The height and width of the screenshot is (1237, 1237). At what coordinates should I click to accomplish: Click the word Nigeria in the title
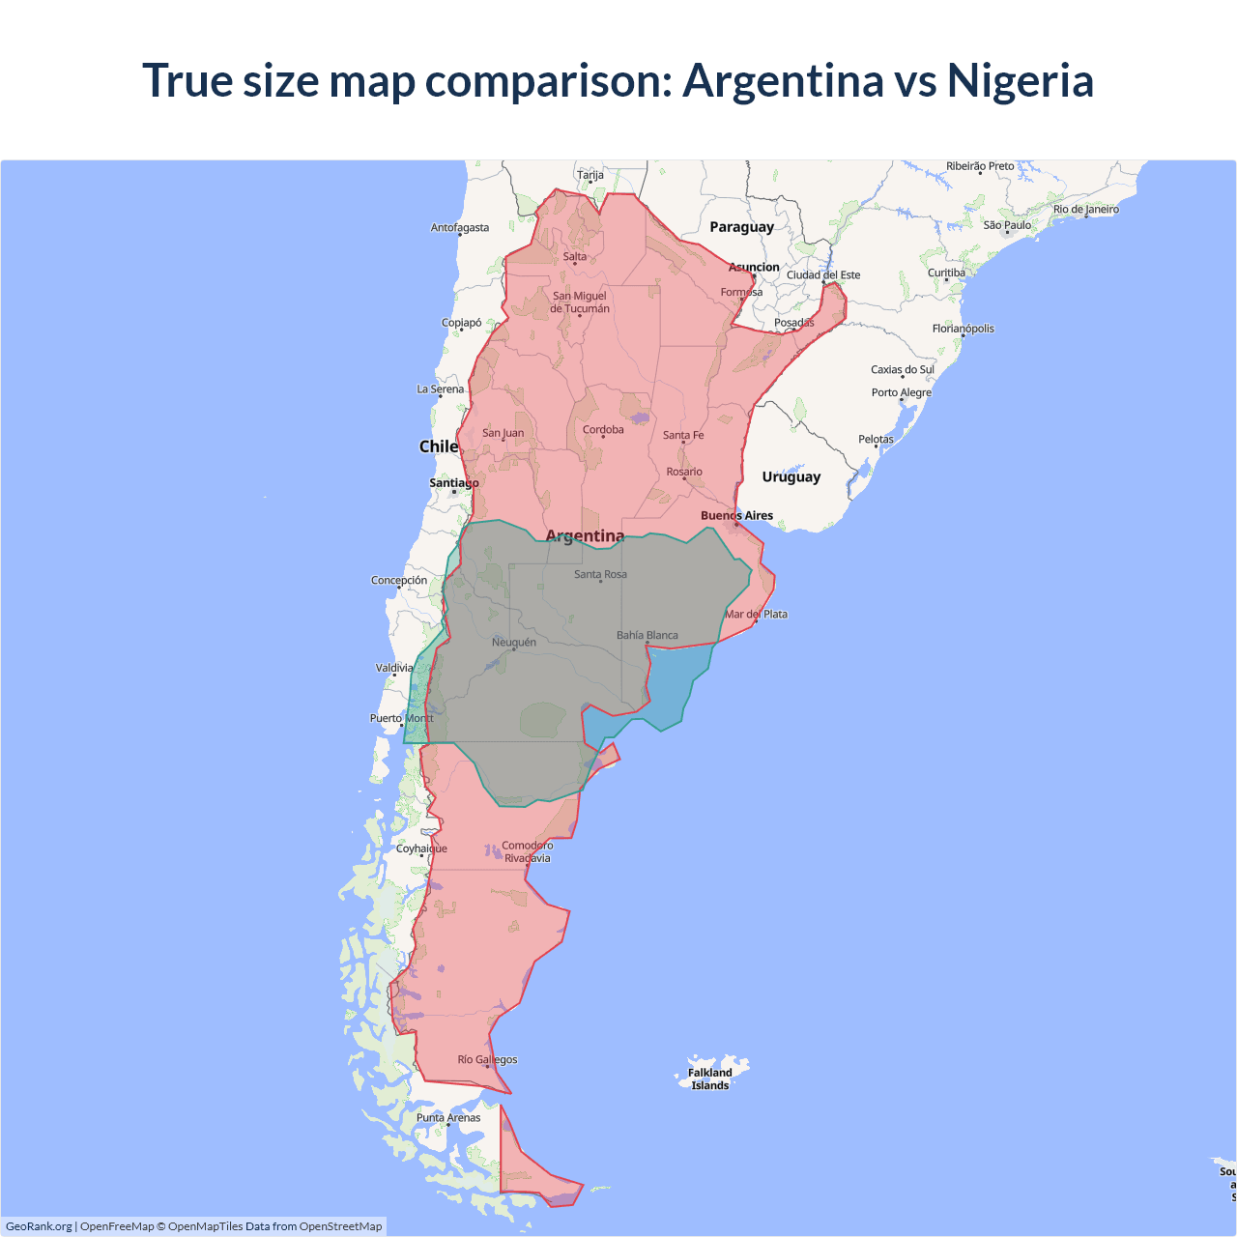point(1020,81)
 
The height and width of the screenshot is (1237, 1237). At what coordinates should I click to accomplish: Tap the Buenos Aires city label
point(736,516)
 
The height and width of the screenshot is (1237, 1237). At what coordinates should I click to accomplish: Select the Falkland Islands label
point(710,1079)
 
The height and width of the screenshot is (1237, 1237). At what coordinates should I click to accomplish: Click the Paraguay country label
point(741,227)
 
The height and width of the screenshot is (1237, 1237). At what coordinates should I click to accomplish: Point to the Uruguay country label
point(791,476)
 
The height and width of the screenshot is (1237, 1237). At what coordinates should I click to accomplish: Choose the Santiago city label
point(453,483)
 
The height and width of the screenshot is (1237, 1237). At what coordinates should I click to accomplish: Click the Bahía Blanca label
point(647,635)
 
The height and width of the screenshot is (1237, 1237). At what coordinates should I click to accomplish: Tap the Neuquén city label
point(513,642)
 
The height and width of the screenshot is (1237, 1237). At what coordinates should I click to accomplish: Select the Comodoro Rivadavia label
point(528,851)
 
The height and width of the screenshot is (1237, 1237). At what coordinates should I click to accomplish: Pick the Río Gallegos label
point(487,1059)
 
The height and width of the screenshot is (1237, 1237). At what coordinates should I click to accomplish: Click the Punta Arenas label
point(448,1117)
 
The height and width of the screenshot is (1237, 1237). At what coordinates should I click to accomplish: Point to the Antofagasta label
point(460,228)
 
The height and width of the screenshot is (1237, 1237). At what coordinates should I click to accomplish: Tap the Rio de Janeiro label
point(1085,209)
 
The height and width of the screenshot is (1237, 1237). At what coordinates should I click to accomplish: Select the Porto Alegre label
point(901,392)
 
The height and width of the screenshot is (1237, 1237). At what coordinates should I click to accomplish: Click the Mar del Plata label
point(757,614)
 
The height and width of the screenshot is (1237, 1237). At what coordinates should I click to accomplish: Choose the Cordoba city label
point(603,430)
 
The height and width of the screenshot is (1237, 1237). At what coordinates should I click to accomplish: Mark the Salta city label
point(575,257)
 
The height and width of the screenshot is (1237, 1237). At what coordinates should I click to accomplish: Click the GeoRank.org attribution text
point(39,1226)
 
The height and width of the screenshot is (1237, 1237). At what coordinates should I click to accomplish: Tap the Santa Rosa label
point(600,574)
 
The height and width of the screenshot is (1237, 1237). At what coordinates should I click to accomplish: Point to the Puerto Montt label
point(402,718)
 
